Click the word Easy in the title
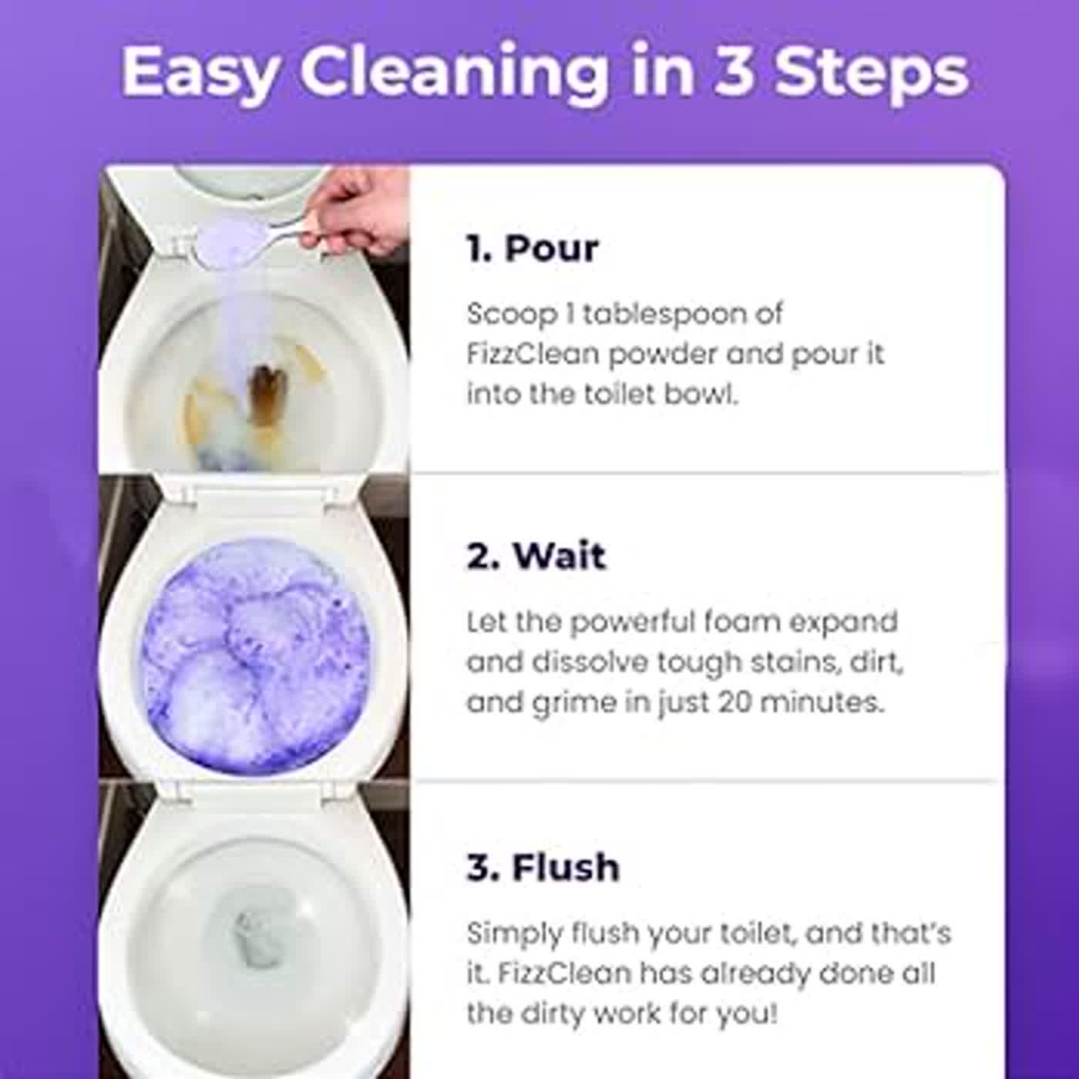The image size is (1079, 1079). (x=198, y=72)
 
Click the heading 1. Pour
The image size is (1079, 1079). (x=532, y=248)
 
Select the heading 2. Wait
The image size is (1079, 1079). (x=536, y=556)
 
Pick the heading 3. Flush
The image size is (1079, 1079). (x=543, y=866)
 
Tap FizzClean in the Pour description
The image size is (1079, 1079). (x=533, y=354)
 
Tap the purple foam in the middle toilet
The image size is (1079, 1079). (x=254, y=655)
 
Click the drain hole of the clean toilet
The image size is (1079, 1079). (x=258, y=936)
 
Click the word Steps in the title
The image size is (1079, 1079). (x=871, y=72)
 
